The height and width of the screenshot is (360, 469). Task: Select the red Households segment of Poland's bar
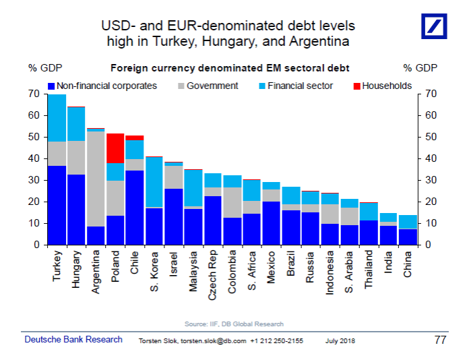(x=115, y=148)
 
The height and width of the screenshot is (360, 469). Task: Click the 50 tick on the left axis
(x=33, y=137)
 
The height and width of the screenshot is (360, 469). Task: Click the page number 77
(x=440, y=340)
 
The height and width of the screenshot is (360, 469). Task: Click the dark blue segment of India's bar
(x=387, y=235)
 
